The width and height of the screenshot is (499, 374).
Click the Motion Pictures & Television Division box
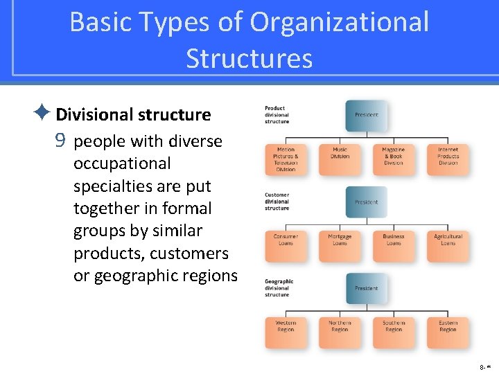click(286, 159)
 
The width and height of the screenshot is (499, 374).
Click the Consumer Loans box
click(286, 244)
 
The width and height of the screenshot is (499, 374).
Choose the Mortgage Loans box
click(340, 244)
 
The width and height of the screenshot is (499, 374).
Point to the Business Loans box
click(394, 244)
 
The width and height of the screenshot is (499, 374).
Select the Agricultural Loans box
click(448, 244)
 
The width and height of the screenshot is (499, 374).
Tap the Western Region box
click(286, 330)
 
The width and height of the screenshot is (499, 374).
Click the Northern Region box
click(340, 330)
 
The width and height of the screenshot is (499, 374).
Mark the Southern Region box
click(394, 330)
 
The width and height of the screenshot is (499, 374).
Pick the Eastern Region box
click(448, 330)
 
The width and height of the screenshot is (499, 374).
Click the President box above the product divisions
click(367, 115)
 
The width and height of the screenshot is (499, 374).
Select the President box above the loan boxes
click(367, 202)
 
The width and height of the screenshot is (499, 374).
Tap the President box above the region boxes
click(367, 288)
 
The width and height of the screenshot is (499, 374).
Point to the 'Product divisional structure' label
click(277, 115)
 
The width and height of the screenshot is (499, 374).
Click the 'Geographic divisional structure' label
click(279, 288)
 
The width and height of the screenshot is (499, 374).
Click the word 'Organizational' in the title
click(340, 22)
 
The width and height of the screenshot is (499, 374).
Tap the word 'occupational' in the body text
click(121, 163)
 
